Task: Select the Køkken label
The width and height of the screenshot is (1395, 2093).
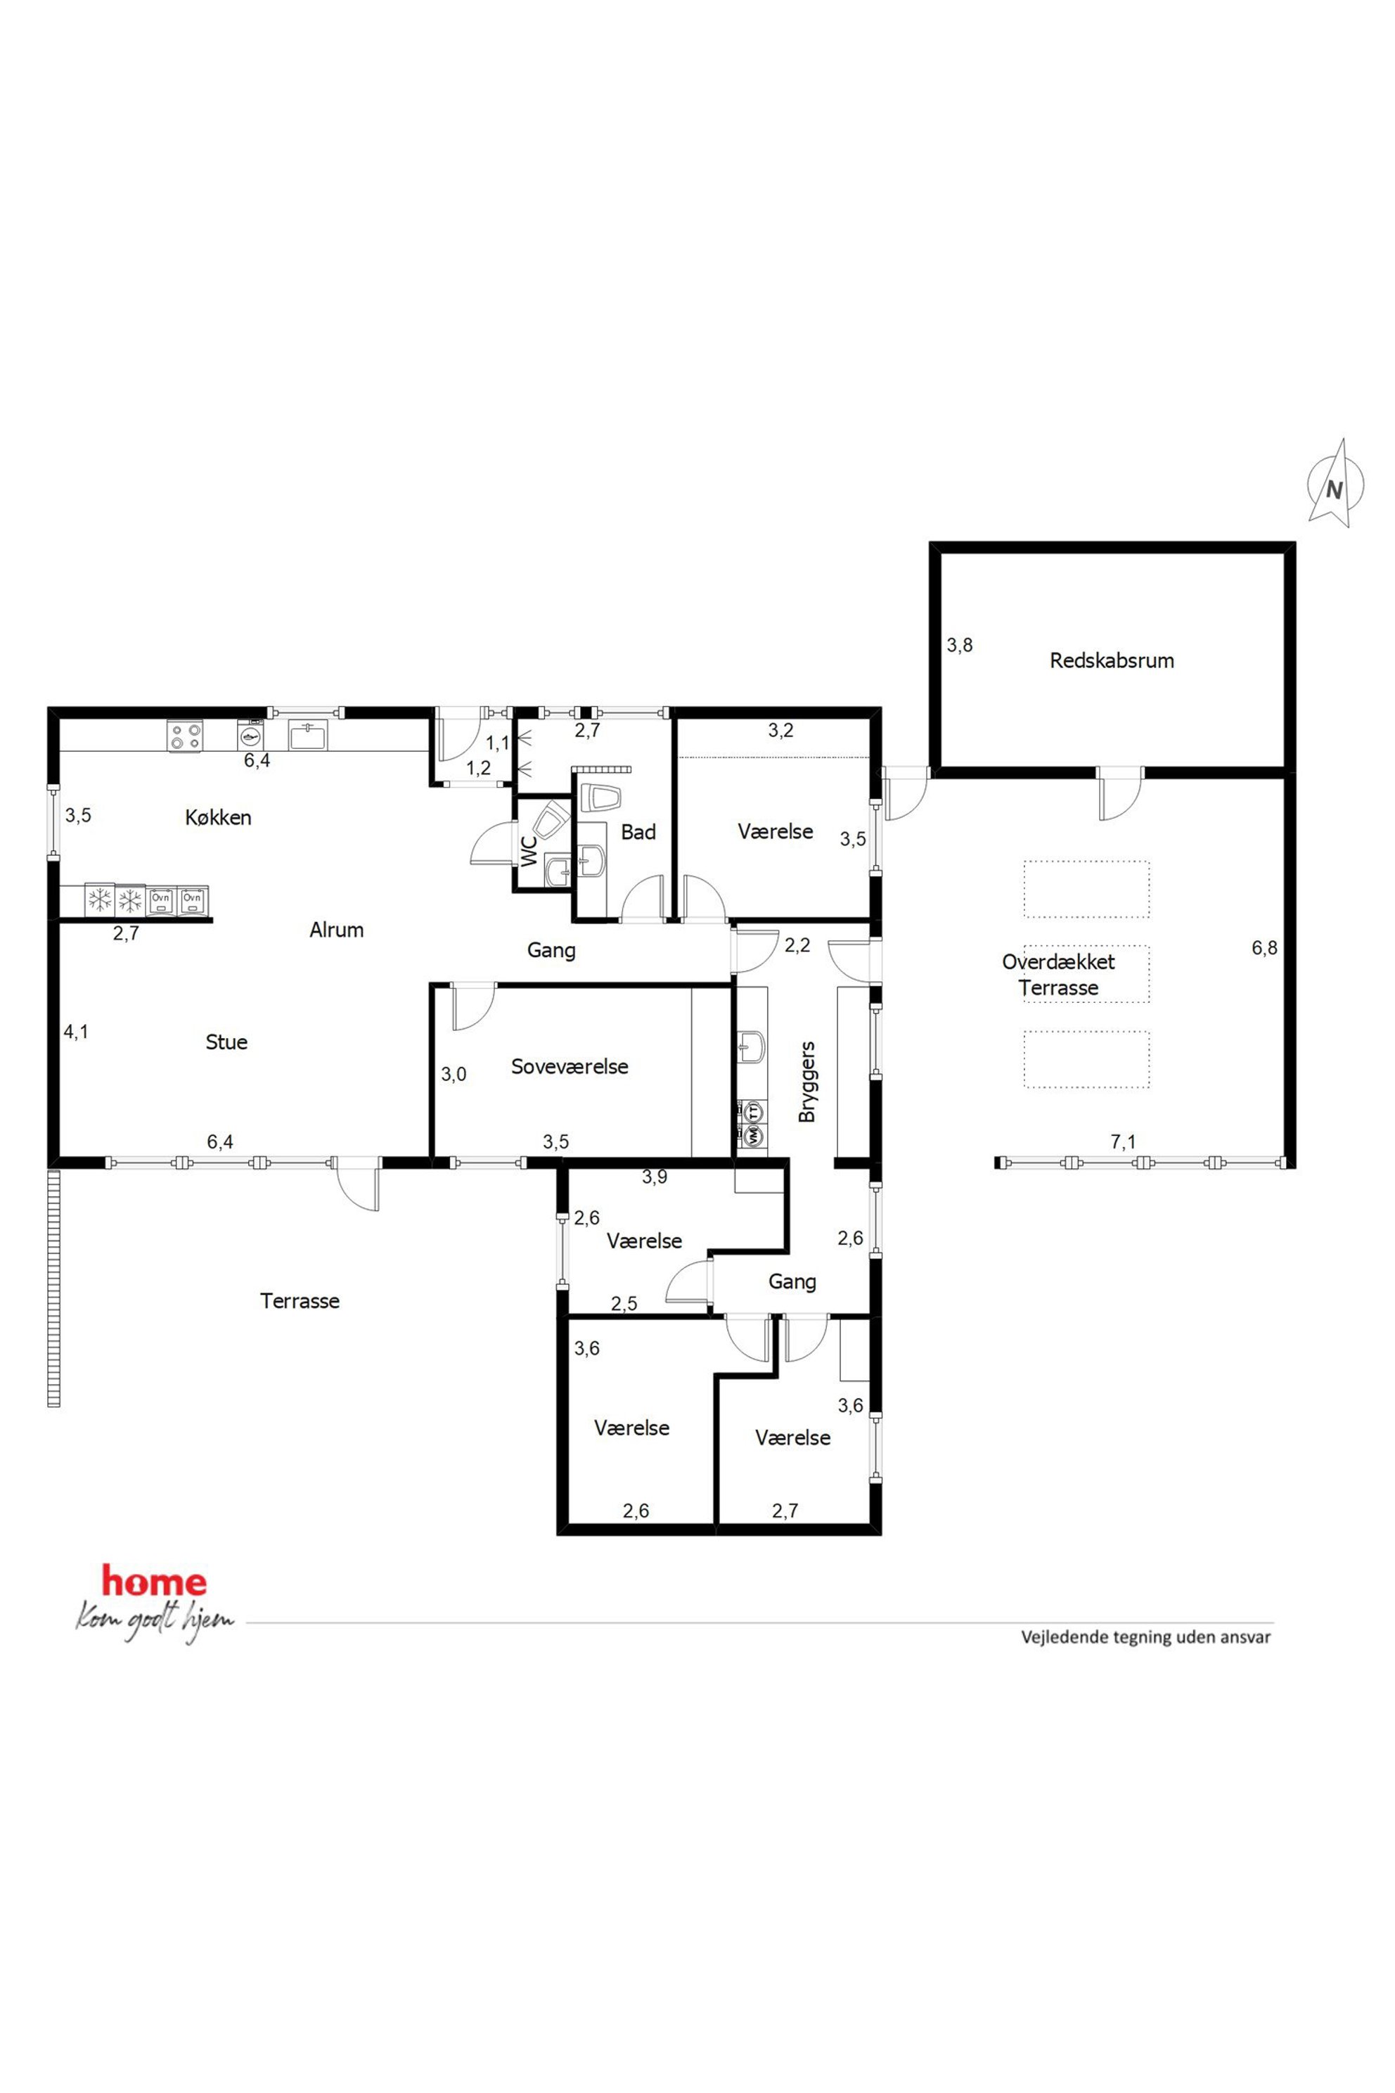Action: pyautogui.click(x=218, y=817)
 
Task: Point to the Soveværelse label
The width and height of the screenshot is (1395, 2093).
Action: pyautogui.click(x=570, y=1066)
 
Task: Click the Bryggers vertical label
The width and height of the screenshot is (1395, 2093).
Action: pyautogui.click(x=807, y=1081)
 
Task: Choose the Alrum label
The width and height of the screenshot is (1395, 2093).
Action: pyautogui.click(x=336, y=930)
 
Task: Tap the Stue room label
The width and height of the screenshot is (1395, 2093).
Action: pyautogui.click(x=226, y=1042)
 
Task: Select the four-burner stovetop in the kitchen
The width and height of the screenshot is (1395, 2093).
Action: pyautogui.click(x=186, y=736)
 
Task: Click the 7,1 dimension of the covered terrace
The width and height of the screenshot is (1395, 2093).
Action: pyautogui.click(x=1123, y=1141)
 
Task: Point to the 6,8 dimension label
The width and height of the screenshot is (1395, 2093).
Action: pyautogui.click(x=1264, y=948)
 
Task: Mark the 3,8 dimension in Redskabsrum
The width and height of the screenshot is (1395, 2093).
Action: pyautogui.click(x=959, y=645)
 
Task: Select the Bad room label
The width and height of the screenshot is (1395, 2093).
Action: pyautogui.click(x=638, y=832)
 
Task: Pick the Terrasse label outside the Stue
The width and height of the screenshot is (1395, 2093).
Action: pyautogui.click(x=300, y=1301)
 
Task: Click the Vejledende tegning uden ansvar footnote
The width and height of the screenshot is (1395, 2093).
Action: pyautogui.click(x=1146, y=1637)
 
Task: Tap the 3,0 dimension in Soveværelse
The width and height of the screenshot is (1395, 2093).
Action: pyautogui.click(x=454, y=1074)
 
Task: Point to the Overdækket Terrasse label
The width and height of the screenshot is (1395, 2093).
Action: pyautogui.click(x=1059, y=975)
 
